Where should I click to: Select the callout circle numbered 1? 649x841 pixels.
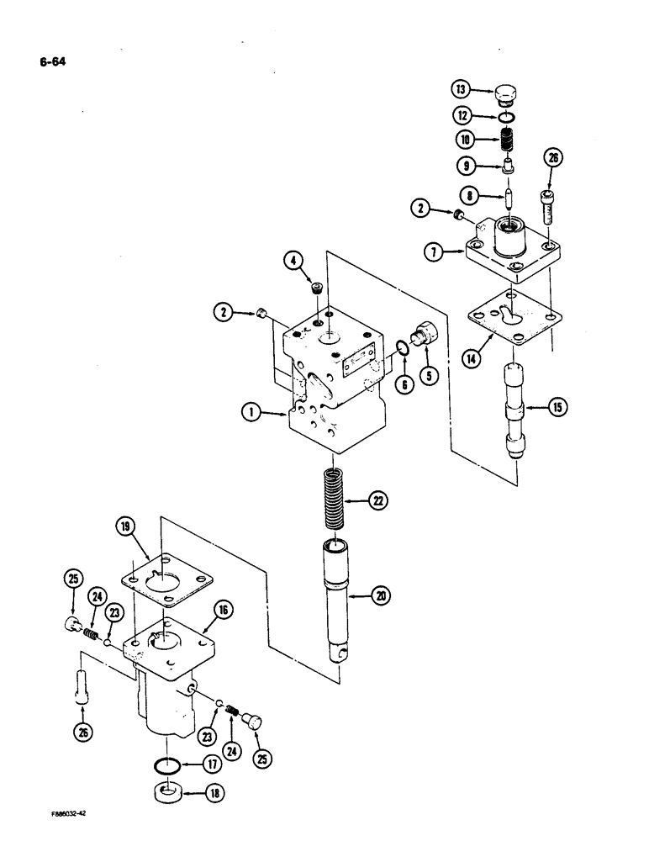(251, 413)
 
